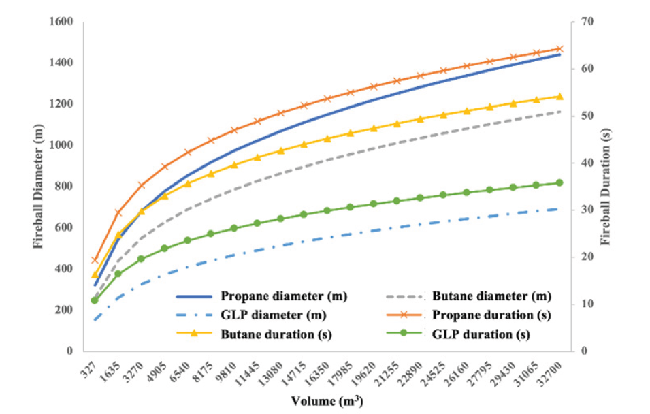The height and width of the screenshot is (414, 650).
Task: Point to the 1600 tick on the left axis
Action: click(x=61, y=22)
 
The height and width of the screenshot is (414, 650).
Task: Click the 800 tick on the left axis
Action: click(x=64, y=186)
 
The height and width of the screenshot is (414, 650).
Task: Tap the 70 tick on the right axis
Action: click(x=583, y=22)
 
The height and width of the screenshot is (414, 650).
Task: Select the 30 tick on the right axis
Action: click(x=583, y=210)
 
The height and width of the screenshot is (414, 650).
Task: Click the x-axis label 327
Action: click(x=88, y=368)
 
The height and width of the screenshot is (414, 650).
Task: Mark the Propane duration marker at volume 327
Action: click(x=95, y=260)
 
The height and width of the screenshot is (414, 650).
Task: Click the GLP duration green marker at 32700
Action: click(x=559, y=182)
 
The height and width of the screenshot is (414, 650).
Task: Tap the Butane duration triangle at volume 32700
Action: click(x=559, y=97)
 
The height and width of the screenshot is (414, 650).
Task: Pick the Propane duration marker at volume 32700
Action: click(x=559, y=49)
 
